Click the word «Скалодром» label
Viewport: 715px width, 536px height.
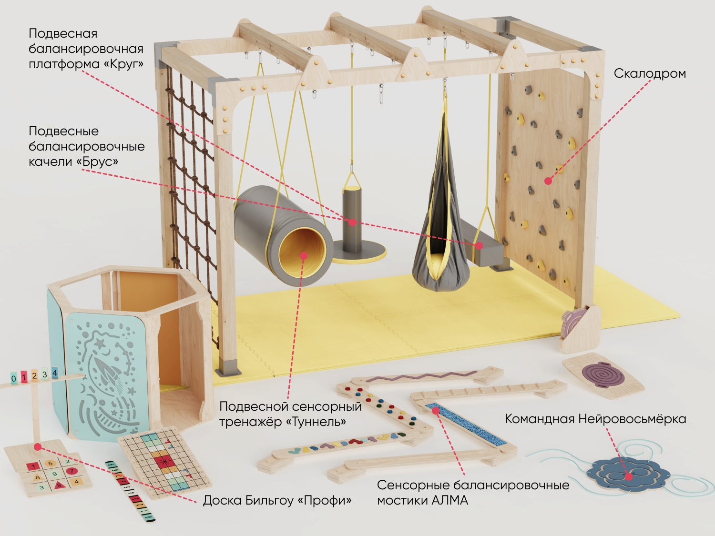pyautogui.click(x=650, y=74)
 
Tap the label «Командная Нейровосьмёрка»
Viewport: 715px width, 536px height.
pyautogui.click(x=595, y=419)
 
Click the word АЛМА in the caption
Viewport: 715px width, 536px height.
pyautogui.click(x=450, y=500)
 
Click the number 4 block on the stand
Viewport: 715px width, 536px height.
pyautogui.click(x=55, y=373)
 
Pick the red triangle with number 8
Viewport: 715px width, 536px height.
pyautogui.click(x=58, y=485)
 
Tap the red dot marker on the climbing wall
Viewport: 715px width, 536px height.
pyautogui.click(x=548, y=181)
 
